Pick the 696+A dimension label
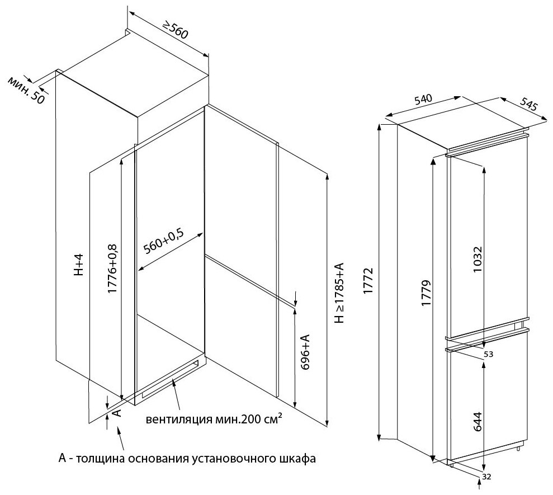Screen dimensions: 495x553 (x=306, y=355)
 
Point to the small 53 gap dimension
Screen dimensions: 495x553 (x=488, y=354)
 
